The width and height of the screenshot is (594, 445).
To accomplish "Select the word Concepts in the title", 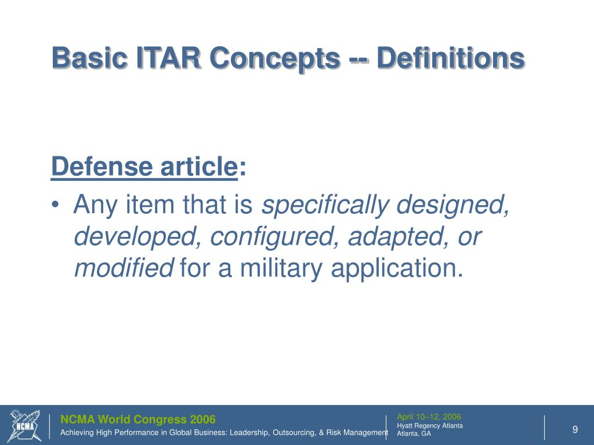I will click(274, 59).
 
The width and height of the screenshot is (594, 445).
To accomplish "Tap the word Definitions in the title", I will click(451, 59).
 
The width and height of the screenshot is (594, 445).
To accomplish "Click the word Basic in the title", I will click(89, 59).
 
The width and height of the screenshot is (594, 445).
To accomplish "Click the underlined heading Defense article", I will click(144, 168).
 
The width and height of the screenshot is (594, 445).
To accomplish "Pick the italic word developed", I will click(138, 237).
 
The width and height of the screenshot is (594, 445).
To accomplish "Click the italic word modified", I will click(124, 269).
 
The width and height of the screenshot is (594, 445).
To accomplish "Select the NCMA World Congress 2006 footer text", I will click(138, 420).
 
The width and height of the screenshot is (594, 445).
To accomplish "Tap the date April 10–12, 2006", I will click(429, 417).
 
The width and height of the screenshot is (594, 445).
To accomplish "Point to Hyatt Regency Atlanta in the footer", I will click(429, 426).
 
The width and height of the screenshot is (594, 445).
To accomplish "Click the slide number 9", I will click(575, 429).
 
